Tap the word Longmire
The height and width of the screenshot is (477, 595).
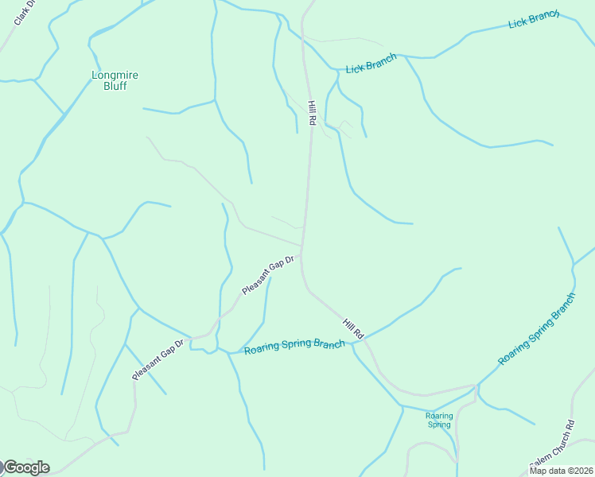115,76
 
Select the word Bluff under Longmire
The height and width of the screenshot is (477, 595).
115,86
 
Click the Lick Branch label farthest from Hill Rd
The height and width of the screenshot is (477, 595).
534,20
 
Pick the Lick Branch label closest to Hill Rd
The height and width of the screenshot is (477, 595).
371,64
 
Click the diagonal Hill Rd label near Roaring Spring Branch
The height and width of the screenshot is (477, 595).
352,328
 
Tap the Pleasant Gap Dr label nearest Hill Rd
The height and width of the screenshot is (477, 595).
268,275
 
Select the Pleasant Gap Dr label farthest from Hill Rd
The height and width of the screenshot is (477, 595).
158,359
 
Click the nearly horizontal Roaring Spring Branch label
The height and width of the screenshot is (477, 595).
294,347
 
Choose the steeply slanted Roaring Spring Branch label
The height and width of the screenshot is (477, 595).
536,329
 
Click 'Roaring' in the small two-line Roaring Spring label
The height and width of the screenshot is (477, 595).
439,416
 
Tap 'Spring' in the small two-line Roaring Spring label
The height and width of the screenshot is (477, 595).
439,425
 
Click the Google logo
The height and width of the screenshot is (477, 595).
26,467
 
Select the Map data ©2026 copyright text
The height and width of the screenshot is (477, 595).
560,471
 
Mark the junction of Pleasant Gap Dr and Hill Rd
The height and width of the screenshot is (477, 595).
301,246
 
